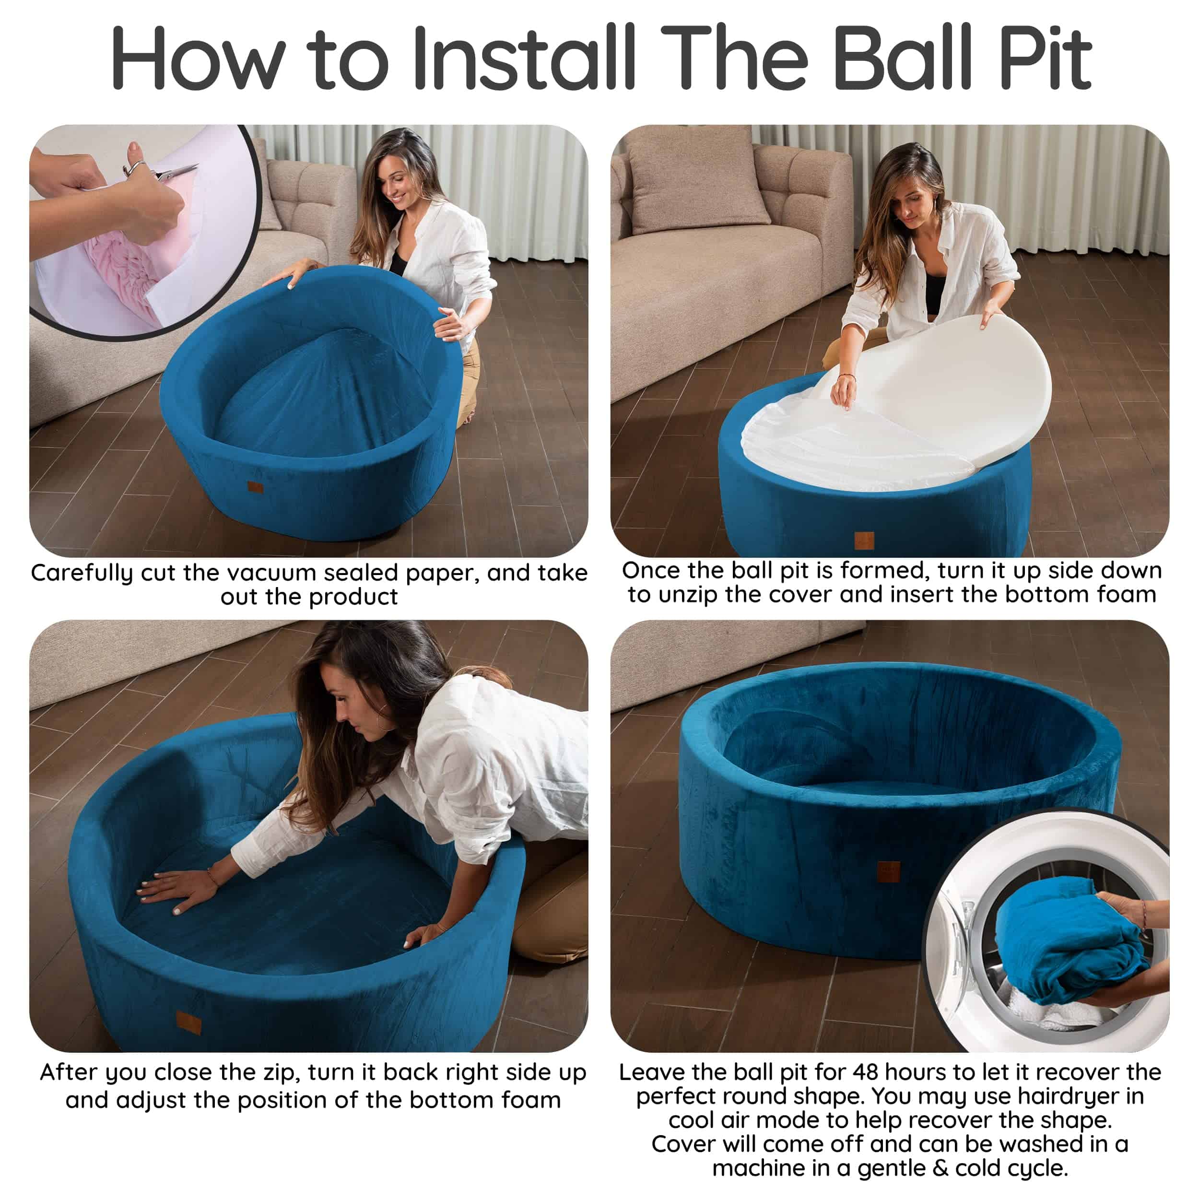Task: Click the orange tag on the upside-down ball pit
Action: click(864, 541)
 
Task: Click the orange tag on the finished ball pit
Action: click(889, 870)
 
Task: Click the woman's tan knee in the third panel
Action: click(546, 925)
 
